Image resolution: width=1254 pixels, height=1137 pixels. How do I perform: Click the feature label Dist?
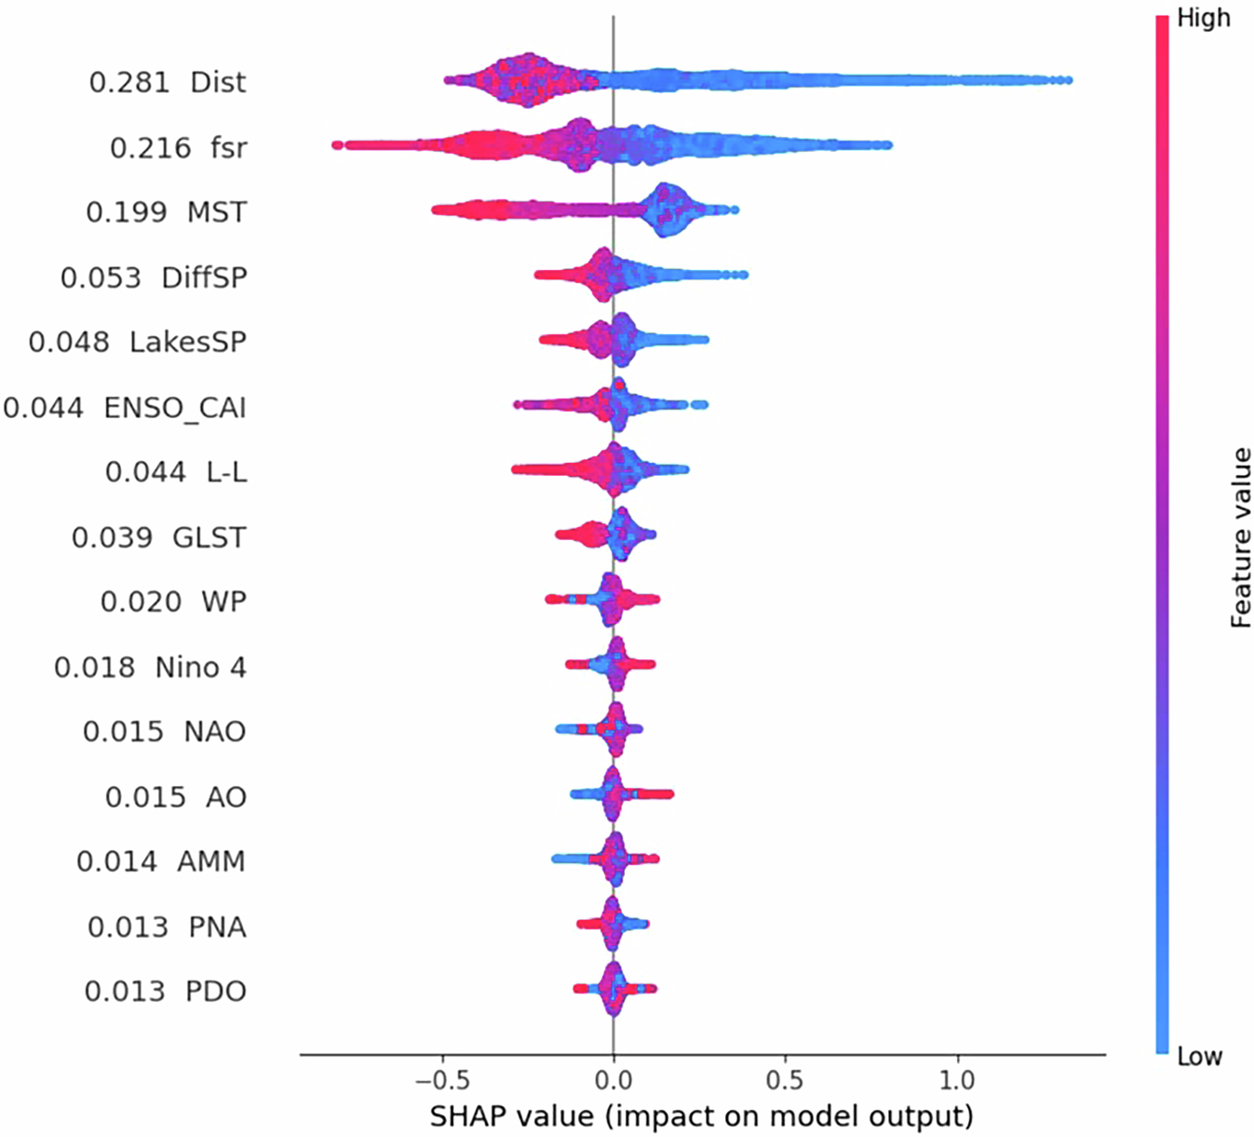(218, 82)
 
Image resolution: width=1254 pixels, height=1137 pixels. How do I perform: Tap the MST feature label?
(217, 212)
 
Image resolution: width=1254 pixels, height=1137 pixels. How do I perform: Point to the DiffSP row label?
(204, 277)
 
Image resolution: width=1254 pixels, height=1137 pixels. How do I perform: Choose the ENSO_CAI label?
(175, 408)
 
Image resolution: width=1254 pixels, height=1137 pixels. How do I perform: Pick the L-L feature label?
(226, 472)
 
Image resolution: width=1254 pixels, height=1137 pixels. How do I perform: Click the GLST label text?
(209, 537)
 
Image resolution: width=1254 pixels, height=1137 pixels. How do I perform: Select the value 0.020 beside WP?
(141, 602)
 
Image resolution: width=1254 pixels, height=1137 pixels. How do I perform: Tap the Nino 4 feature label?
(200, 667)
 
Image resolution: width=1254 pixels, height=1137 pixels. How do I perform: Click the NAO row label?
(215, 731)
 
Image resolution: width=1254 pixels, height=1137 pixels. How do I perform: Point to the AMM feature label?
(212, 861)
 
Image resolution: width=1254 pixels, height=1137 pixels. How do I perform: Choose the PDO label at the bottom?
(216, 991)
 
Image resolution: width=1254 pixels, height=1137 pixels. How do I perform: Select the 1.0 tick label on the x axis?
(956, 1080)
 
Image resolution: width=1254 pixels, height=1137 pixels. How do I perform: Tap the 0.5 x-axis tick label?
(785, 1080)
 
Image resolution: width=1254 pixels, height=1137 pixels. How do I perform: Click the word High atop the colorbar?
(1203, 18)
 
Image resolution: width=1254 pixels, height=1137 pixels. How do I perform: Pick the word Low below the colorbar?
(1199, 1056)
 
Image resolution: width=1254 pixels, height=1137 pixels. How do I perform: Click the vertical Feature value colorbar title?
(1240, 537)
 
